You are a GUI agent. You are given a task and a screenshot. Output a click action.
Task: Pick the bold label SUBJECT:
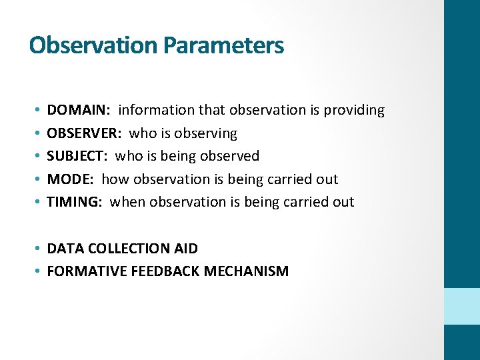click(77, 156)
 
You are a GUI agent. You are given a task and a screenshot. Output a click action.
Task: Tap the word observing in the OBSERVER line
click(207, 133)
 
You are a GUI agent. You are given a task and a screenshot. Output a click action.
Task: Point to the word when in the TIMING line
click(127, 201)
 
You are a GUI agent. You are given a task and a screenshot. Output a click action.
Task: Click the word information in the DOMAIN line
click(154, 110)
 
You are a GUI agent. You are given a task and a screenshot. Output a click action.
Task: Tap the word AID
click(185, 249)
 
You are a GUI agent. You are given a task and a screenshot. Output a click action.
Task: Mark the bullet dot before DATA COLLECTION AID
click(39, 249)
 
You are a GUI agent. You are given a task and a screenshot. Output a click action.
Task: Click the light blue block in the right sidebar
click(461, 306)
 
